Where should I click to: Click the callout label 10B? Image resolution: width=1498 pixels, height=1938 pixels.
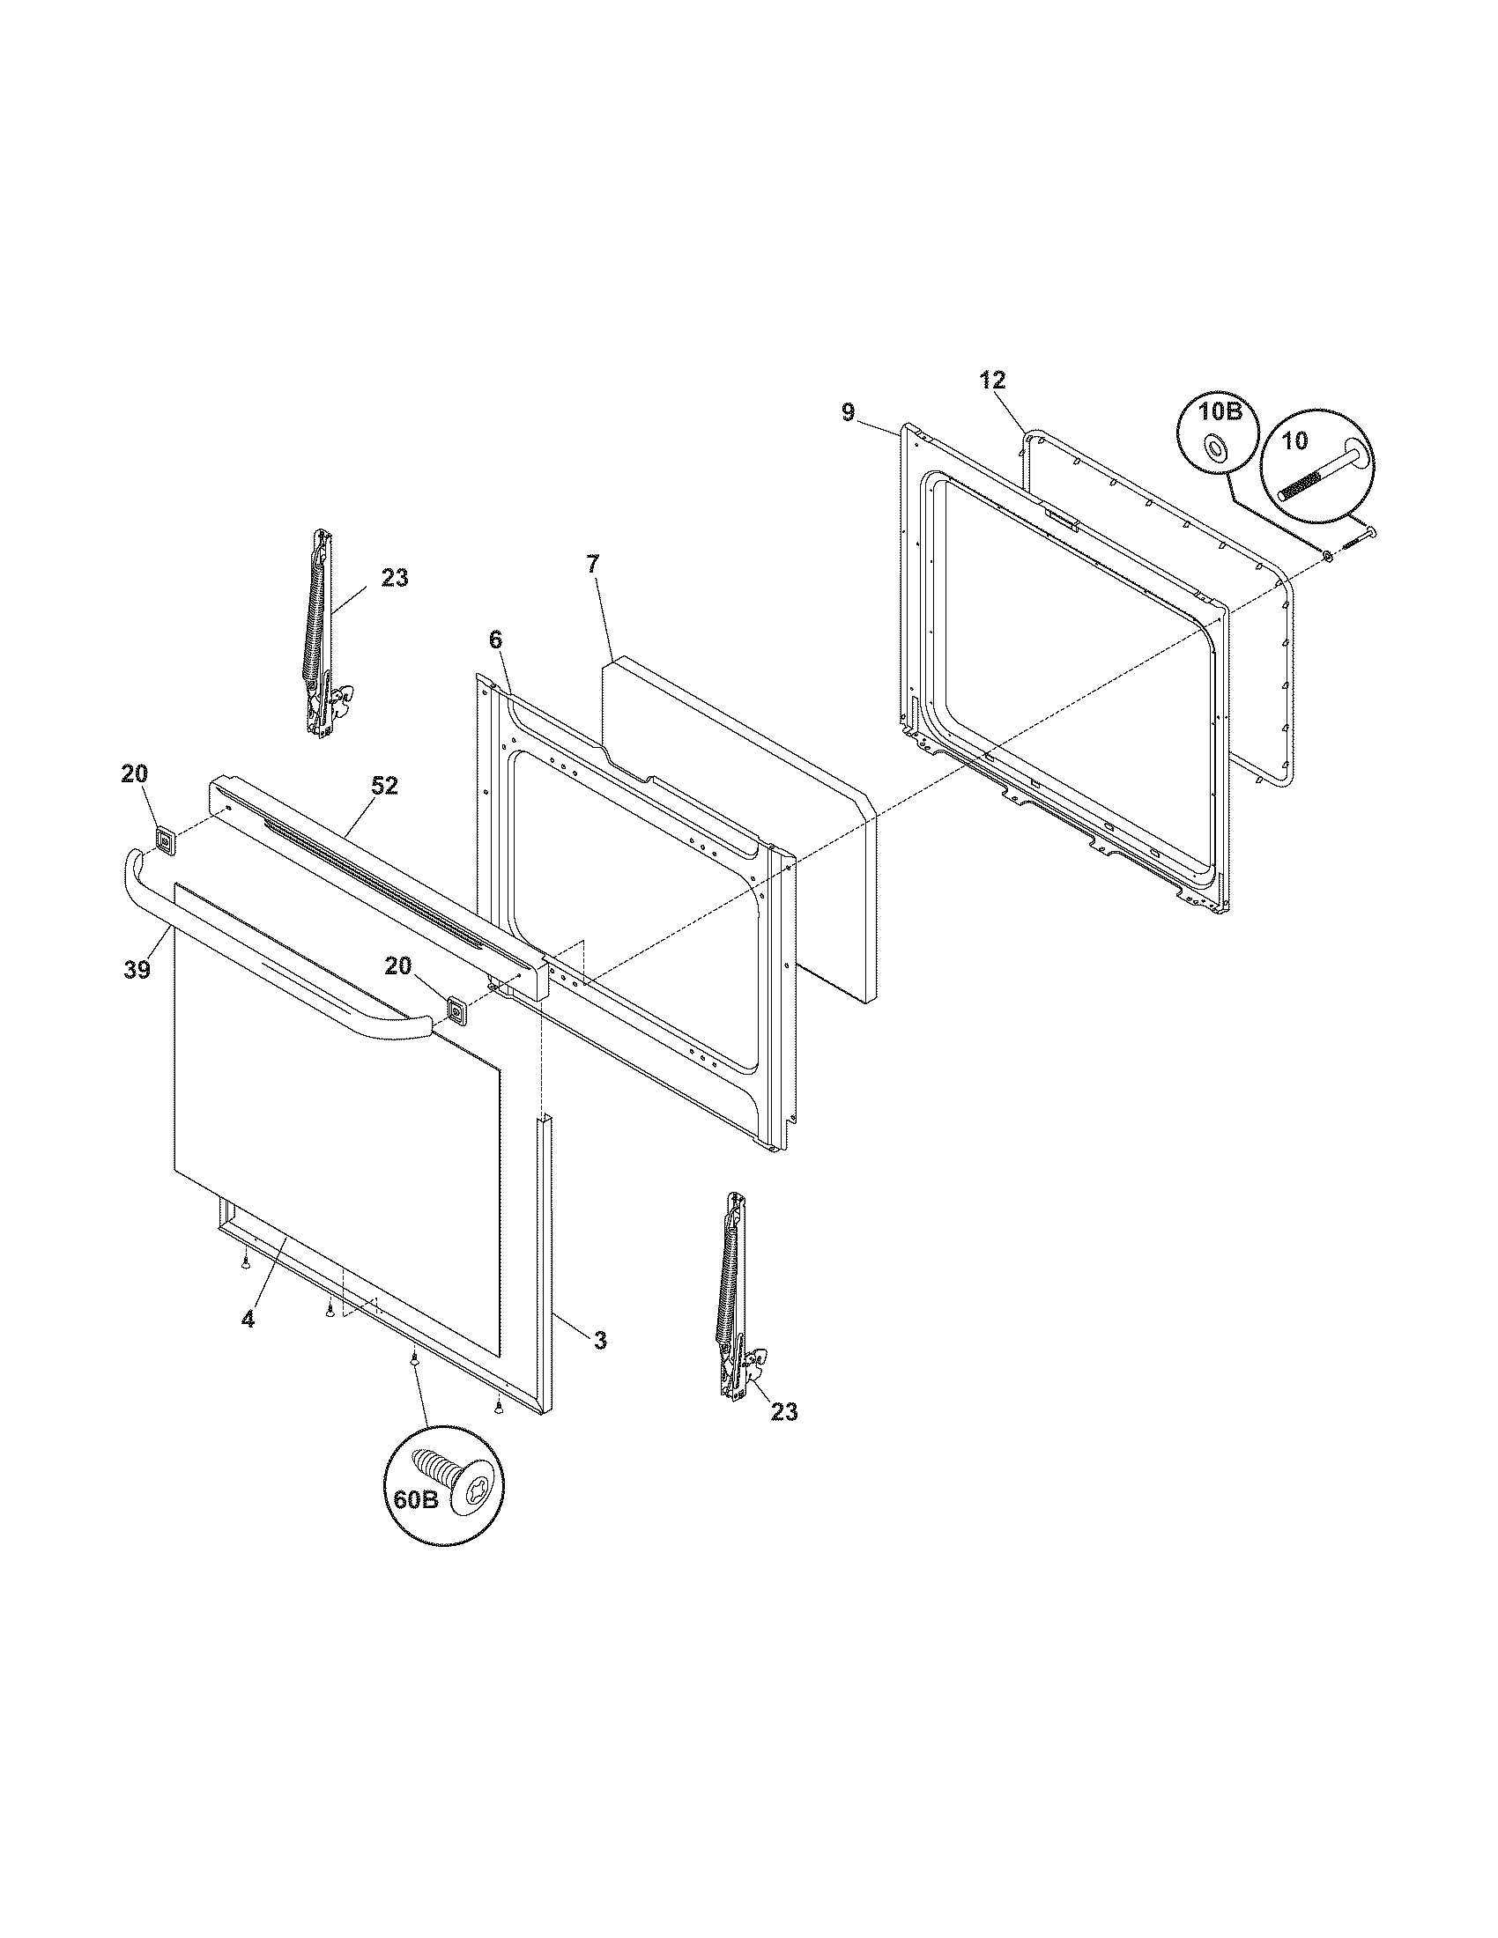1217,413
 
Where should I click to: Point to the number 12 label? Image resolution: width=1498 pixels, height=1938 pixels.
993,381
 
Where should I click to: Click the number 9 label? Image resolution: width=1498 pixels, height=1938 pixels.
848,411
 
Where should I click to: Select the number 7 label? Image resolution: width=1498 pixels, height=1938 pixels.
592,563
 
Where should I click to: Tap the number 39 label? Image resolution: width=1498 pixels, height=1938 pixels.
137,969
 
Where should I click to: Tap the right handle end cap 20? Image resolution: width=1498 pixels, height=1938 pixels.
457,1010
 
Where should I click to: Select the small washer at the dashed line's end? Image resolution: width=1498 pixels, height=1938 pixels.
1328,557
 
